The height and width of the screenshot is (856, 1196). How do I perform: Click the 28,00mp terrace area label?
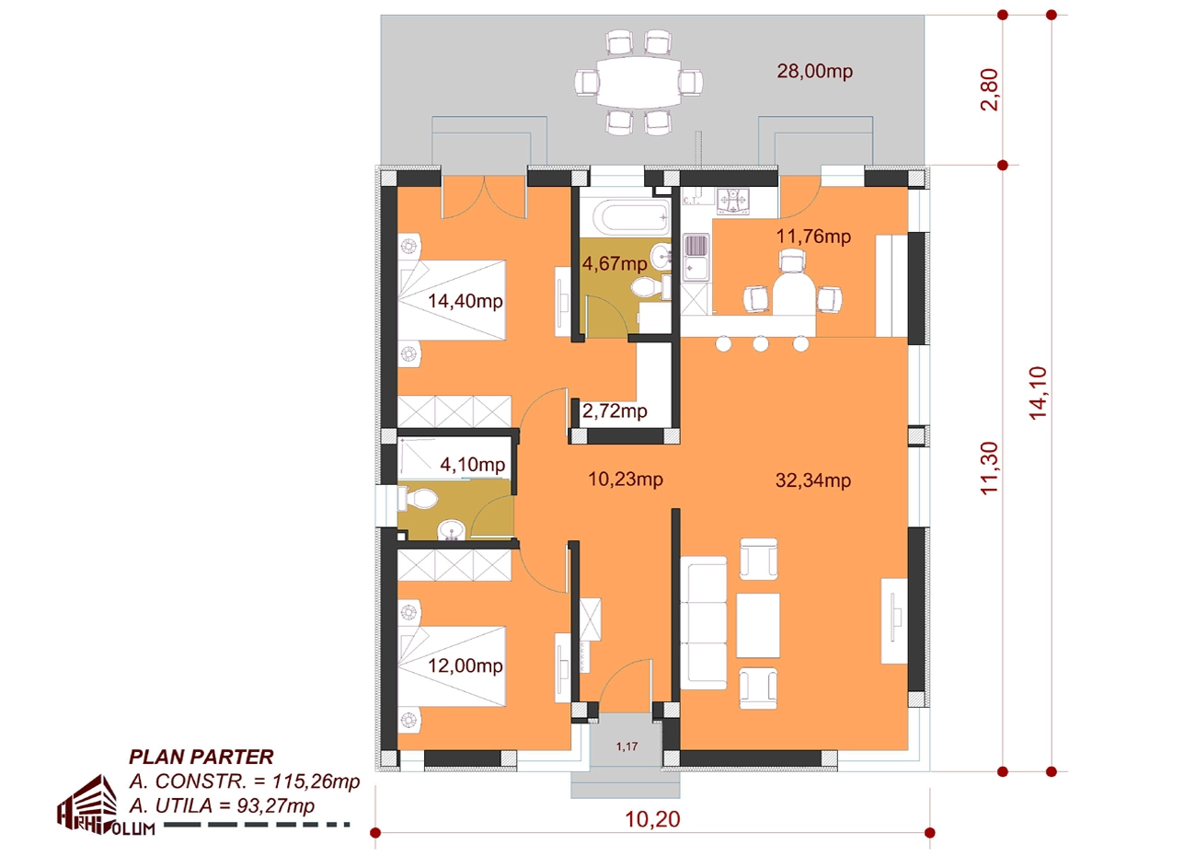pos(814,71)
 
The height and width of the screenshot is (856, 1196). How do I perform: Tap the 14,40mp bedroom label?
pos(465,301)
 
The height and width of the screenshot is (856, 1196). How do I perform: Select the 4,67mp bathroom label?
pos(614,263)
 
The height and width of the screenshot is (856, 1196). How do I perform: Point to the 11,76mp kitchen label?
pos(813,237)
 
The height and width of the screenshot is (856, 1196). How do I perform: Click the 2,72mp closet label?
pos(614,411)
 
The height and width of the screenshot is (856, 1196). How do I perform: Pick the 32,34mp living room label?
pos(813,480)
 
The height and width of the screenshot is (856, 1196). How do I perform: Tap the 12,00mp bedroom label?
pos(465,665)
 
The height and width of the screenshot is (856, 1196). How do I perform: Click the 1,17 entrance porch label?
pos(627,746)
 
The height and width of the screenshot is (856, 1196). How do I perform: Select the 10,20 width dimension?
pos(652,819)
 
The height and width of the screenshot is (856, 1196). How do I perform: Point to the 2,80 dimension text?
pos(989,90)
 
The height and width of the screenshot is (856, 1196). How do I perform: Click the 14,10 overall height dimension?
pos(1038,393)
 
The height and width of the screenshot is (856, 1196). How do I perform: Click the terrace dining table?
pos(638,83)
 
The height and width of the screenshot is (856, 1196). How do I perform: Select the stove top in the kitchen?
pos(732,202)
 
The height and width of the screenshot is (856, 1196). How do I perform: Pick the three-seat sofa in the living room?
pos(703,623)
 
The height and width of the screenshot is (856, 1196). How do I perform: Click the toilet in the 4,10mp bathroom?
pos(418,499)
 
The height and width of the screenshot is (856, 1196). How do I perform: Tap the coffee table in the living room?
pos(758,625)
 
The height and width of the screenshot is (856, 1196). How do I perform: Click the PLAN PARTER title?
pos(201,758)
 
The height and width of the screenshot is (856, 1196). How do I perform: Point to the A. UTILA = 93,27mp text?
pos(222,805)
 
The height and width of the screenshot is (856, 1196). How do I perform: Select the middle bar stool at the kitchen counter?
pos(760,343)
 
